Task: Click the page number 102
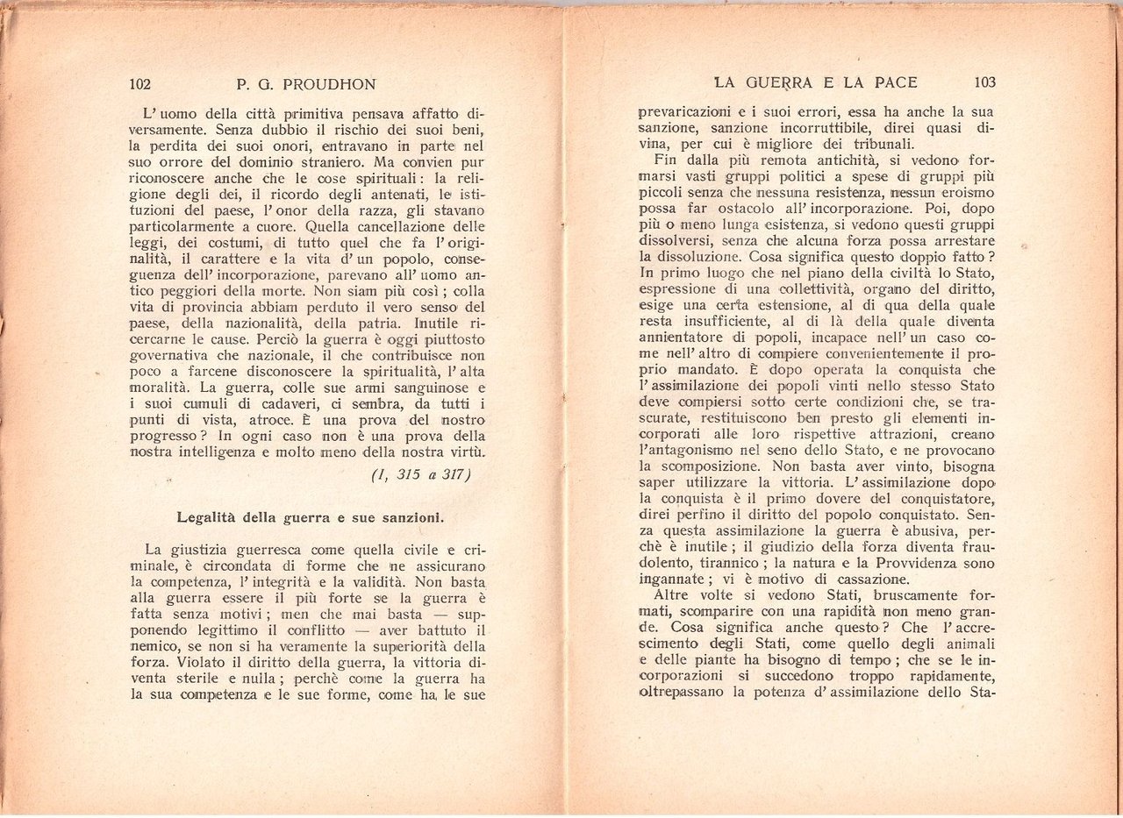point(140,84)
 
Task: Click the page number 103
point(984,82)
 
